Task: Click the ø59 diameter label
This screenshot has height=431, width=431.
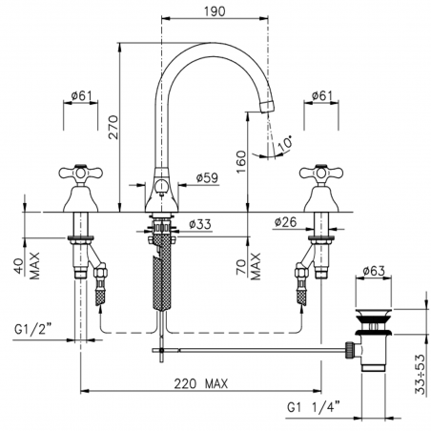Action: point(208,177)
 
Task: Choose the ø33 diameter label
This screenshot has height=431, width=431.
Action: point(199,225)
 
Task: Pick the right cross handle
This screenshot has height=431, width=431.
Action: point(323,177)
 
